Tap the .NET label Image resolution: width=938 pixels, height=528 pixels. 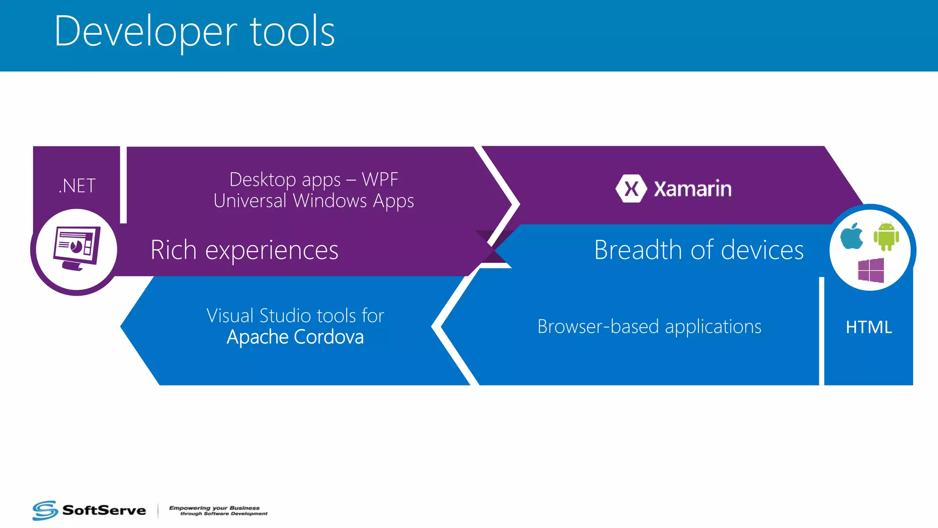(77, 186)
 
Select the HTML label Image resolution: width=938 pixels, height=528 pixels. (868, 327)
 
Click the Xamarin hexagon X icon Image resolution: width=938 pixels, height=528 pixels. (631, 188)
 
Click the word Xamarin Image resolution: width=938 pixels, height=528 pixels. (692, 189)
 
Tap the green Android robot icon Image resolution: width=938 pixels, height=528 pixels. (886, 236)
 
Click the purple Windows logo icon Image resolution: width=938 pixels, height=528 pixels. (871, 270)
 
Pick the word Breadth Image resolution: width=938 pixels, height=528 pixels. (638, 250)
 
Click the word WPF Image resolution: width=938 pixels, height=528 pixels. (380, 179)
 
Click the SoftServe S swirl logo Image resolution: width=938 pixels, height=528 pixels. (45, 510)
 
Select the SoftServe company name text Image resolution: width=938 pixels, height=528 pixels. (104, 510)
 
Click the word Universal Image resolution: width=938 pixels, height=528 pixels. (250, 201)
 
